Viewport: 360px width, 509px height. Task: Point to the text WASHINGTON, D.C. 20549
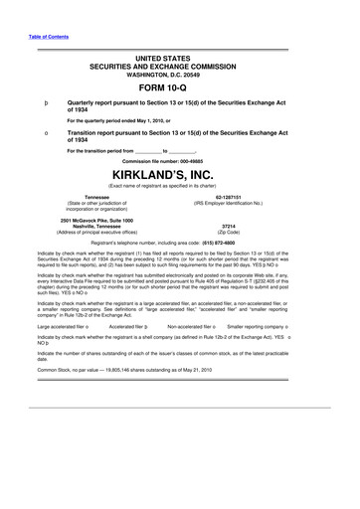pos(180,73)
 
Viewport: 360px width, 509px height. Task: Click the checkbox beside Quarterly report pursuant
pos(34,102)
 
